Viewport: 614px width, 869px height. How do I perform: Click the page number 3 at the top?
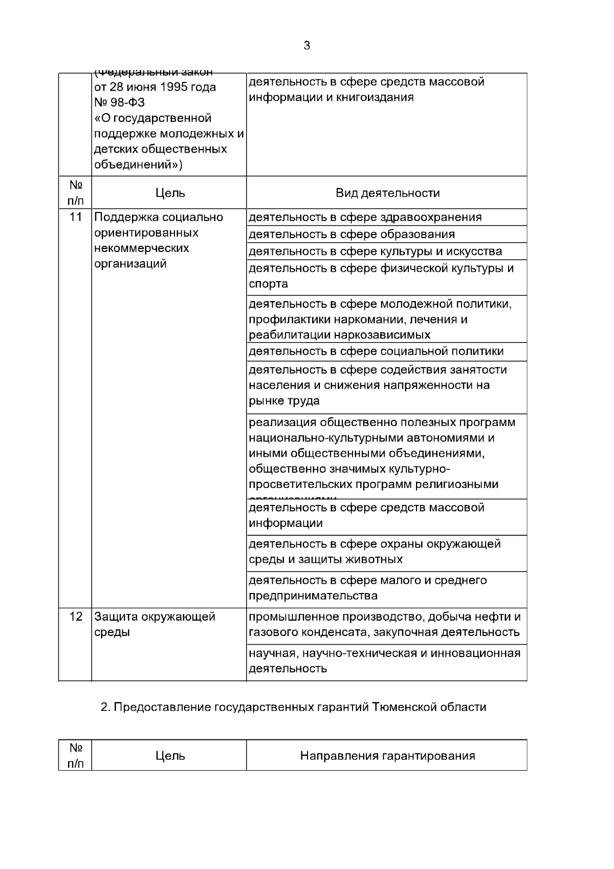(306, 46)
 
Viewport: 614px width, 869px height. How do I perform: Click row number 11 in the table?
(76, 217)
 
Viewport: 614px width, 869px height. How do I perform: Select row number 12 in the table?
(76, 617)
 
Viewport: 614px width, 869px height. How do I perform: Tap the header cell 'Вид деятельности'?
(387, 193)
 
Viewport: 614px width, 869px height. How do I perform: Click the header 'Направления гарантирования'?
(387, 756)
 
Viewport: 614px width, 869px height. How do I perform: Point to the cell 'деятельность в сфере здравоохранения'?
(365, 217)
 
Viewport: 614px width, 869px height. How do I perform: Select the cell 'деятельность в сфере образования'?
(352, 235)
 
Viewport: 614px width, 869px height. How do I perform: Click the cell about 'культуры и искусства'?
(375, 251)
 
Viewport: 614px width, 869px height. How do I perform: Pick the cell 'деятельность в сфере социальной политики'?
(376, 351)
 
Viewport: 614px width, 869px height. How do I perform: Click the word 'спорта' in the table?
(268, 284)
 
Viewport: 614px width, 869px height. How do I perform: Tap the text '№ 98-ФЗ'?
(120, 102)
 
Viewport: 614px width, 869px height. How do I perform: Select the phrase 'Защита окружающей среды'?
(155, 624)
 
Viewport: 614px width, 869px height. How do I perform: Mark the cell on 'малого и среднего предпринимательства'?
(367, 588)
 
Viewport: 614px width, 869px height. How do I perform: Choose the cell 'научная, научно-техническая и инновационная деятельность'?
(384, 661)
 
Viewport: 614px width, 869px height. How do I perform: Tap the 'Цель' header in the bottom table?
(170, 756)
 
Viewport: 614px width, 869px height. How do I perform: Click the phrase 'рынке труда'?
(284, 401)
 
